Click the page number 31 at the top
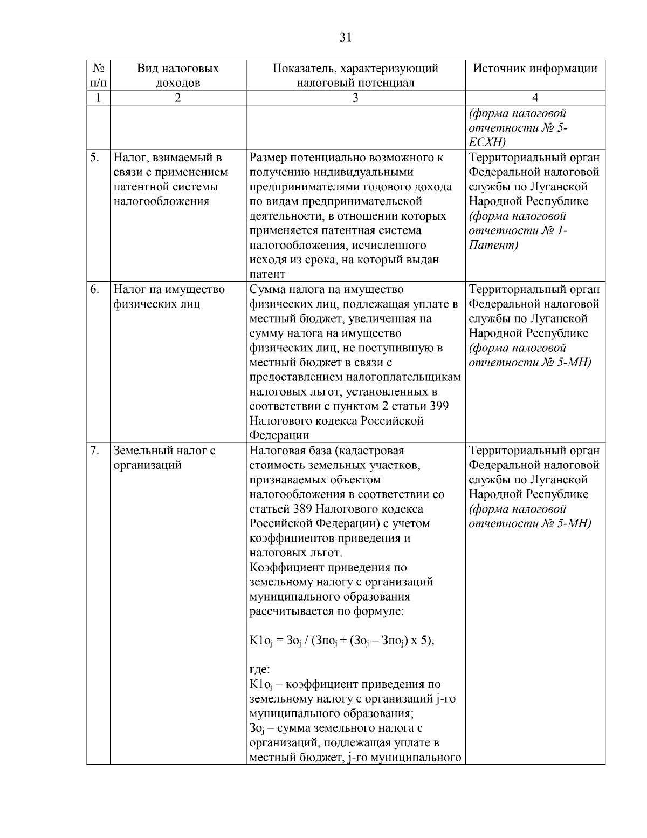click(x=346, y=37)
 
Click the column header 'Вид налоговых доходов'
click(x=177, y=76)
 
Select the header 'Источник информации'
click(x=535, y=69)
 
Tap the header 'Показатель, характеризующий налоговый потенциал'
click(x=355, y=76)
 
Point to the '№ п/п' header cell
click(x=98, y=76)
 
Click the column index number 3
click(x=355, y=98)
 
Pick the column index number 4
click(x=535, y=98)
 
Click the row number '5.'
click(x=95, y=158)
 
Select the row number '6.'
click(x=95, y=289)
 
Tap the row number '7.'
click(x=95, y=450)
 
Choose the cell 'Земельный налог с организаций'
click(x=164, y=457)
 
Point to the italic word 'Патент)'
click(x=493, y=246)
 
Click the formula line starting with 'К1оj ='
click(x=342, y=641)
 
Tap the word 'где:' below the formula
click(x=260, y=670)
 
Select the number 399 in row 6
click(x=439, y=406)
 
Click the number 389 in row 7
click(x=304, y=509)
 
